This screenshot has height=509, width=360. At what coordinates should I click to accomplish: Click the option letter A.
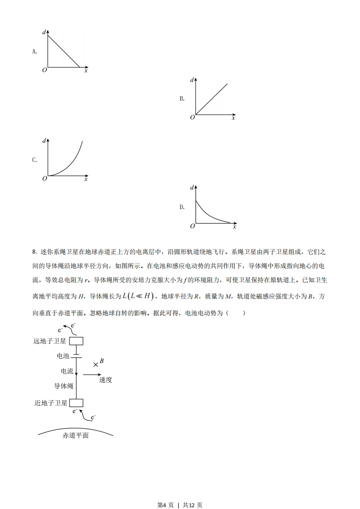(34, 52)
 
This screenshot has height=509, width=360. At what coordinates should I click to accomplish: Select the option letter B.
(182, 99)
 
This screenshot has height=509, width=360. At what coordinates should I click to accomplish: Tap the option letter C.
(34, 160)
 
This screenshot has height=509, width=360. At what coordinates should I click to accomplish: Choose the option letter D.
(182, 207)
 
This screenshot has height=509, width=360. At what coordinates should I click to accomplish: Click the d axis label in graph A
(44, 32)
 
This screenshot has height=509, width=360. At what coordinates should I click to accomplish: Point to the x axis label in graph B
(233, 118)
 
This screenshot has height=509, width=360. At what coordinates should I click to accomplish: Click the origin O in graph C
(44, 179)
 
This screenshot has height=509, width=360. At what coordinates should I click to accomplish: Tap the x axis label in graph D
(234, 226)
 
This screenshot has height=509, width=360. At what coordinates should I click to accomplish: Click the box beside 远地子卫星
(76, 341)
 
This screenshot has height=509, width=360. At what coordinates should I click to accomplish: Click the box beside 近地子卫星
(76, 403)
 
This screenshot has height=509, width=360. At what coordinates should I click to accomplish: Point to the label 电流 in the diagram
(67, 371)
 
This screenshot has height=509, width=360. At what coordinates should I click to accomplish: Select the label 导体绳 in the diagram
(64, 386)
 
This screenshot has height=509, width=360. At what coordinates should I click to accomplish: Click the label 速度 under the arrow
(105, 380)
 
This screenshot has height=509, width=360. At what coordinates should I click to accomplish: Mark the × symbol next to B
(96, 364)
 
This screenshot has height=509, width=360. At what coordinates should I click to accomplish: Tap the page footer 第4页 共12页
(180, 492)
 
